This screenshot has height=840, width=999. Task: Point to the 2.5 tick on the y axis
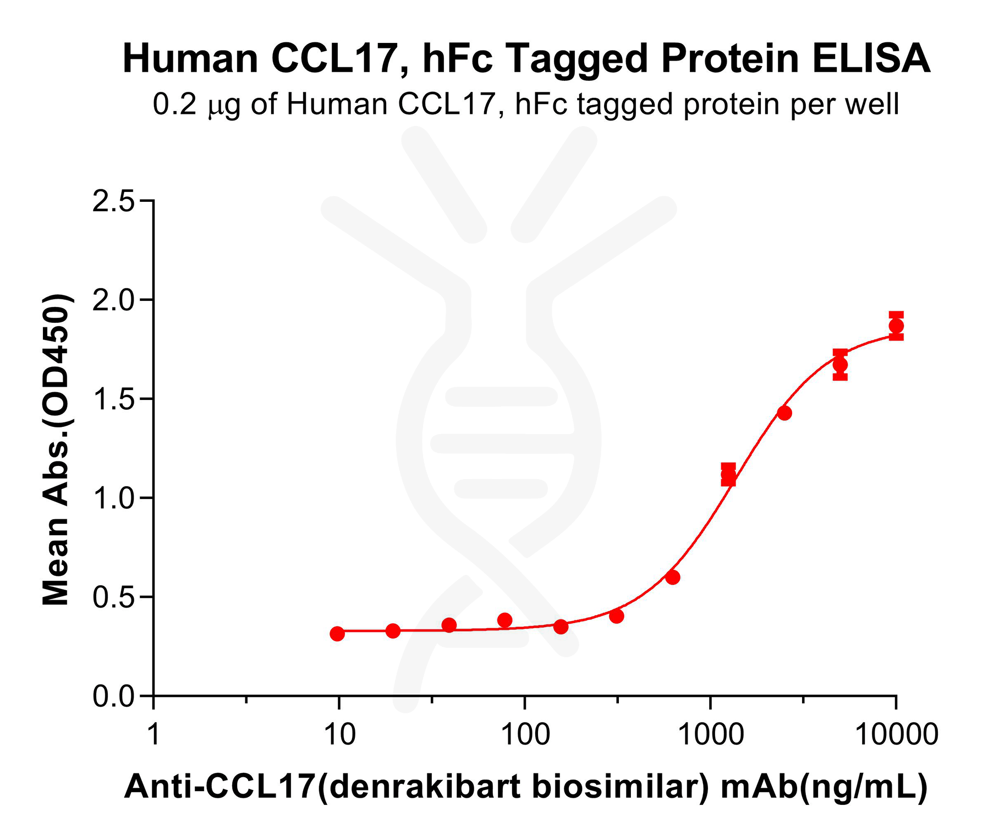(113, 202)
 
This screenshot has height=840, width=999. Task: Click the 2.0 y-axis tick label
(113, 301)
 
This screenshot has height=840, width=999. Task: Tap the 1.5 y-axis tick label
(113, 400)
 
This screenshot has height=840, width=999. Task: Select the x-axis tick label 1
(153, 734)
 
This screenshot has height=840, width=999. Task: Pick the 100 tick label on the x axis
(525, 734)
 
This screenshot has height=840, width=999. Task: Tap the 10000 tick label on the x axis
(896, 734)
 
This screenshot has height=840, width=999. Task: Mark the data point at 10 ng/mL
(337, 634)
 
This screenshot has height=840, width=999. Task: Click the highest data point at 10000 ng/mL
(896, 326)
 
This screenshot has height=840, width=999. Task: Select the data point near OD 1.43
(784, 413)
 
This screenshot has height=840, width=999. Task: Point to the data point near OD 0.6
(673, 577)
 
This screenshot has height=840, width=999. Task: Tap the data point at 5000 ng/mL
(840, 365)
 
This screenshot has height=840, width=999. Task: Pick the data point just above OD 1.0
(728, 474)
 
